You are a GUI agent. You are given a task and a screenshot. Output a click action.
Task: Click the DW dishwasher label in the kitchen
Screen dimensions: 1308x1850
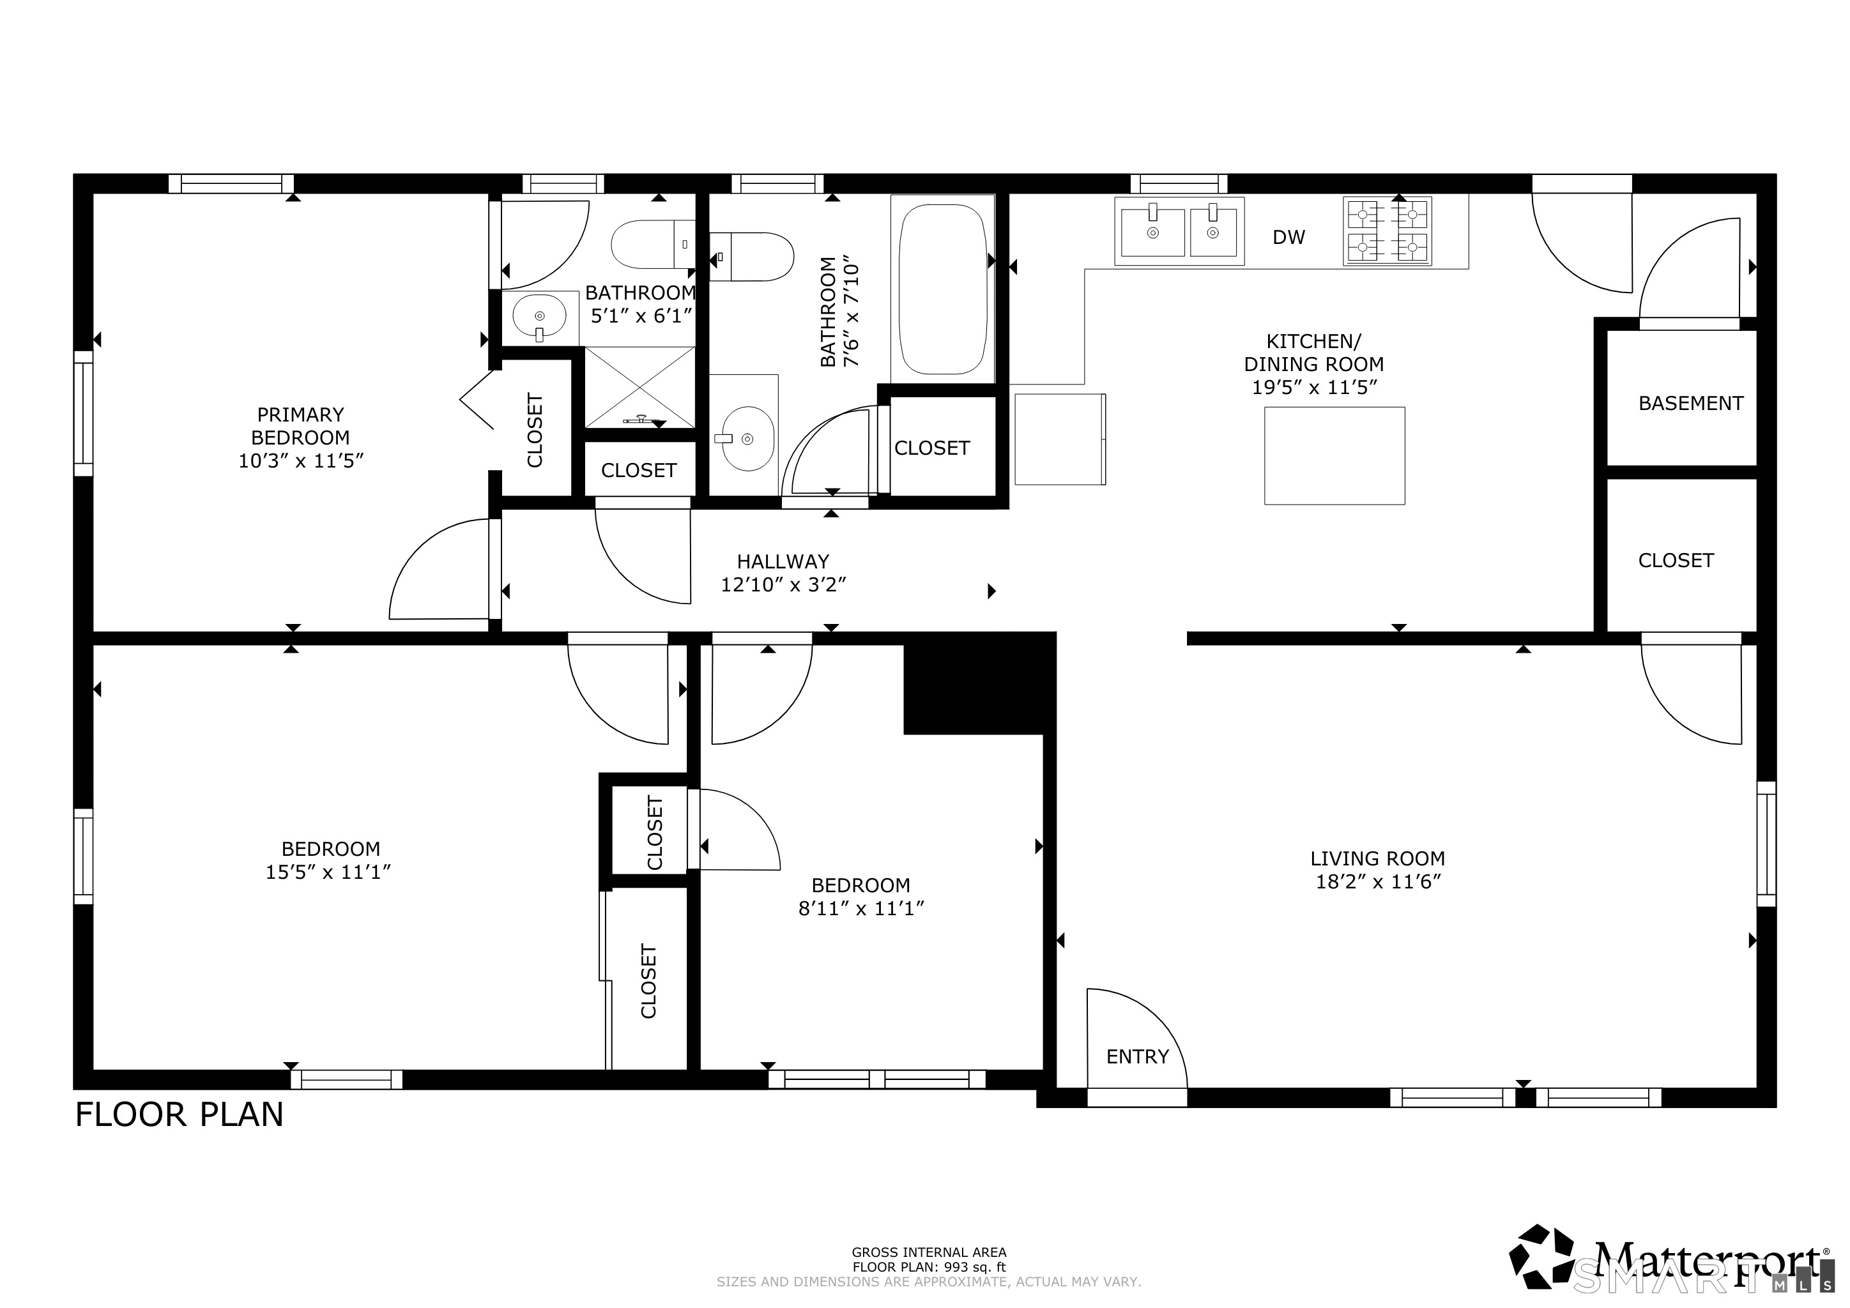click(1288, 237)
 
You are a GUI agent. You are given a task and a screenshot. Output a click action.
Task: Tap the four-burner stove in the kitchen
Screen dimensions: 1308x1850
click(1387, 231)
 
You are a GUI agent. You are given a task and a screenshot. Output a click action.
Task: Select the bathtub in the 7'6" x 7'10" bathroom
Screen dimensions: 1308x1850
click(942, 288)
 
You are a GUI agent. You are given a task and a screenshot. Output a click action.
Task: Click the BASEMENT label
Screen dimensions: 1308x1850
click(1690, 403)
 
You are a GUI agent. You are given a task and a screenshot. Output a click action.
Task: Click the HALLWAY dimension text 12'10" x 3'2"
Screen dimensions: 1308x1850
click(783, 585)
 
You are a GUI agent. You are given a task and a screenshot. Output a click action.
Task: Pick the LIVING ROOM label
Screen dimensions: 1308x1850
click(1377, 858)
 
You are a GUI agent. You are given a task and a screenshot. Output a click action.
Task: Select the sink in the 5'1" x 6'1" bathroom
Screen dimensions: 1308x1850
click(539, 317)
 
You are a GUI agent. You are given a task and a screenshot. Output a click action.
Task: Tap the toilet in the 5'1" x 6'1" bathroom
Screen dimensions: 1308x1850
click(651, 244)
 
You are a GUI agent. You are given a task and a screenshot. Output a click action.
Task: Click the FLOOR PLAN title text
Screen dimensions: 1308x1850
click(179, 1114)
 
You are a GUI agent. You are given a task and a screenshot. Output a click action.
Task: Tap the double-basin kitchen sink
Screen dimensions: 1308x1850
click(1179, 231)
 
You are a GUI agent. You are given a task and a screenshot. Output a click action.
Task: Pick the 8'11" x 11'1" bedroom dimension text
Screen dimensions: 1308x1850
click(860, 909)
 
